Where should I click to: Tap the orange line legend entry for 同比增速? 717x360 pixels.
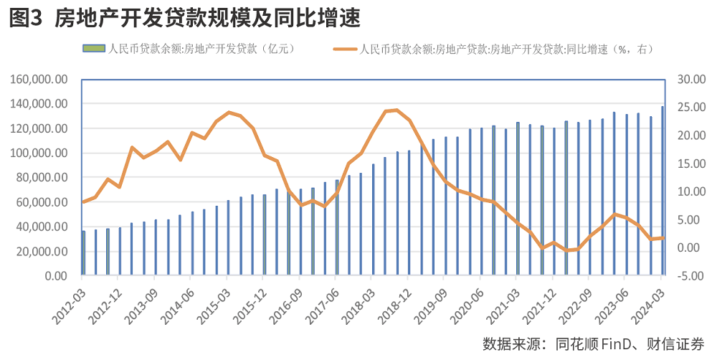(495, 49)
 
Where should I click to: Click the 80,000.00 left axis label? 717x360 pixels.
(42, 178)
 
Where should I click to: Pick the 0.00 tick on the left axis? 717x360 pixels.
(55, 276)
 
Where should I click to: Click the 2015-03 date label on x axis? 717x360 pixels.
(215, 299)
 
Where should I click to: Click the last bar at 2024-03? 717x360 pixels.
(663, 191)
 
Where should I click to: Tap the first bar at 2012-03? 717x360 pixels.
(83, 253)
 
